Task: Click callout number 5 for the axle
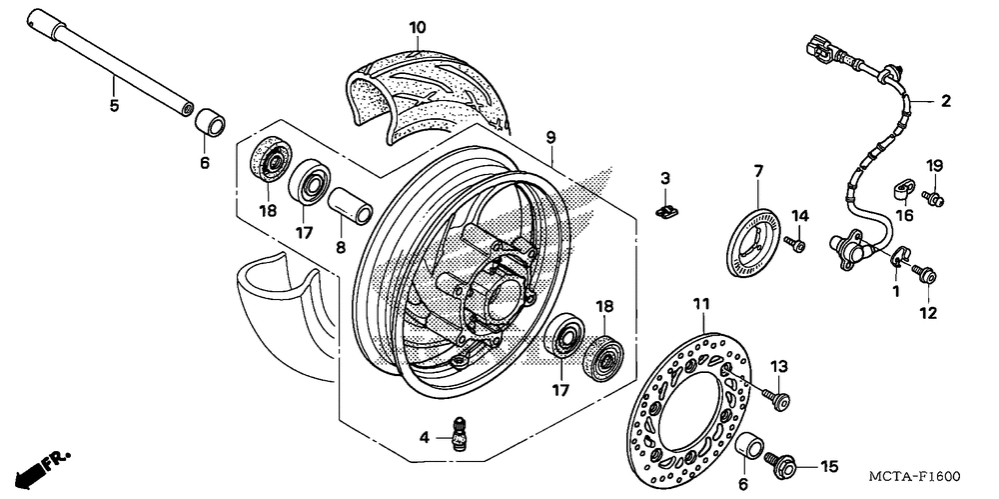tap(114, 105)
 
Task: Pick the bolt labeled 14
tap(794, 244)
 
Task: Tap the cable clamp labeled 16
tap(902, 188)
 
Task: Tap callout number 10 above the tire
tap(418, 28)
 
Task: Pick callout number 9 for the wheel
tap(550, 136)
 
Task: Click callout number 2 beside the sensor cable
tap(945, 101)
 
